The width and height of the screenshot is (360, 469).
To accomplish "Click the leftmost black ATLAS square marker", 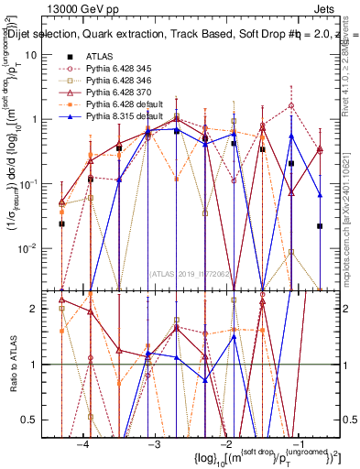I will pos(61,224).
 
